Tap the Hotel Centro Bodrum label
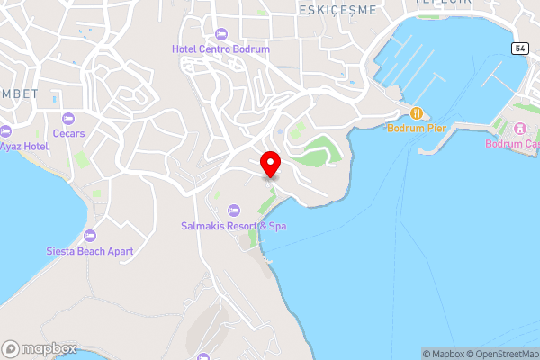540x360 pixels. pyautogui.click(x=222, y=49)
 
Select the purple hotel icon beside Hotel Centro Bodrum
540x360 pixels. pyautogui.click(x=222, y=34)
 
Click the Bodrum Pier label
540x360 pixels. pyautogui.click(x=417, y=129)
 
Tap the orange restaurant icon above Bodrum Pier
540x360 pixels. pyautogui.click(x=416, y=113)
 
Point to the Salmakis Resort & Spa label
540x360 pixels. pyautogui.click(x=233, y=226)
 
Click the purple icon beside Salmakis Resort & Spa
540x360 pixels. pyautogui.click(x=233, y=211)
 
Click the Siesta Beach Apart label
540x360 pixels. pyautogui.click(x=89, y=251)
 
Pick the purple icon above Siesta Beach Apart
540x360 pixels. pyautogui.click(x=89, y=236)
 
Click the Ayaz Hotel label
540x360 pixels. pyautogui.click(x=22, y=146)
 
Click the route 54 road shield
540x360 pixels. pyautogui.click(x=520, y=47)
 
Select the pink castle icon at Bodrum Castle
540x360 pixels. pyautogui.click(x=517, y=129)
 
